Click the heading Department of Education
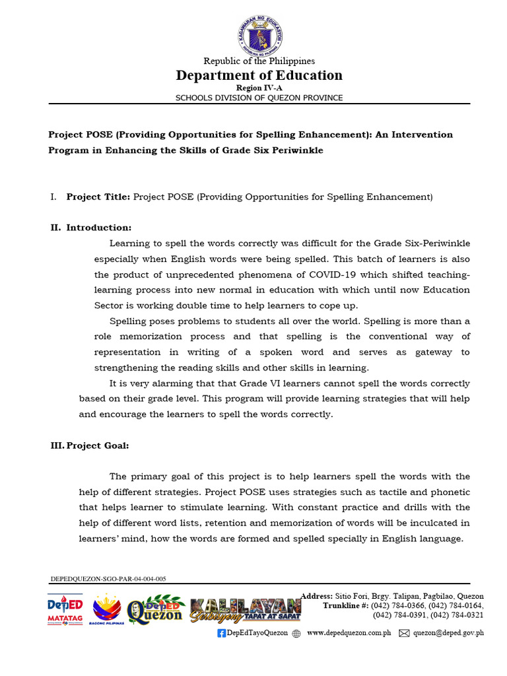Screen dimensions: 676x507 coord(259,75)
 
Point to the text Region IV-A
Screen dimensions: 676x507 coord(259,88)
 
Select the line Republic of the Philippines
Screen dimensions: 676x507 coord(259,61)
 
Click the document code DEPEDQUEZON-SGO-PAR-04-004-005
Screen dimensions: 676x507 coord(108,579)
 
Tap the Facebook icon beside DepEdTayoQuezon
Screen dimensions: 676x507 coord(222,633)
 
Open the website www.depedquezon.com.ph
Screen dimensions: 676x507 coord(349,633)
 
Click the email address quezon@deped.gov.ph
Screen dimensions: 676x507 coord(448,633)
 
